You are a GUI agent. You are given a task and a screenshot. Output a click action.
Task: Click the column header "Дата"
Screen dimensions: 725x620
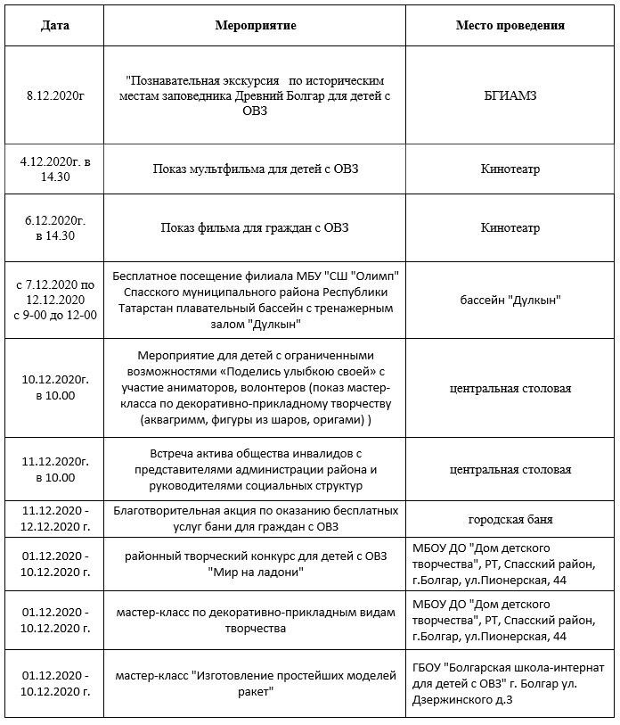click(54, 25)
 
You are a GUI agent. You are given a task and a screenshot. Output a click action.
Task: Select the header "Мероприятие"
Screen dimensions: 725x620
click(256, 25)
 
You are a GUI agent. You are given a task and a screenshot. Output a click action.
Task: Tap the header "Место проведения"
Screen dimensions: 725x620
click(510, 25)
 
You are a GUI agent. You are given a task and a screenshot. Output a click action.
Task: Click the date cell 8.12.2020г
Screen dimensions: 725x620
click(54, 93)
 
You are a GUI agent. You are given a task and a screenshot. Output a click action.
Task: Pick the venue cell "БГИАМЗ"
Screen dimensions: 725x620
click(510, 93)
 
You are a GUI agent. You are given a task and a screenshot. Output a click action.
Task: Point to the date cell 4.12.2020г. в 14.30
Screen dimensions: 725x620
click(54, 169)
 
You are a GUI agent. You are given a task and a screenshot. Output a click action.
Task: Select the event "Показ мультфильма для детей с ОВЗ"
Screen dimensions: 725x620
click(256, 169)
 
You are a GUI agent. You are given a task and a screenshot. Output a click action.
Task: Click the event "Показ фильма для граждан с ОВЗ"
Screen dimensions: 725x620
click(256, 227)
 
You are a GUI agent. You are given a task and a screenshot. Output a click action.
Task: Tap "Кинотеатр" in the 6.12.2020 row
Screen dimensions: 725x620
click(510, 227)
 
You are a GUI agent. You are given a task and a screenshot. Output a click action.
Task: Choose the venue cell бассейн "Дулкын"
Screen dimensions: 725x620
click(510, 300)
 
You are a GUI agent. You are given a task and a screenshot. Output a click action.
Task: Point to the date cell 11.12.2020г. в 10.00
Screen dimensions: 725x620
click(54, 469)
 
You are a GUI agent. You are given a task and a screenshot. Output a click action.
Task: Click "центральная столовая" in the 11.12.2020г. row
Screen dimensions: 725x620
click(510, 469)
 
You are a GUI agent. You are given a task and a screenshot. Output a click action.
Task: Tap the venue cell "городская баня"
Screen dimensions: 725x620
click(510, 519)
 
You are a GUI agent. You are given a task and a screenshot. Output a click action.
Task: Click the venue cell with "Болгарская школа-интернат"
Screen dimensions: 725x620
click(510, 683)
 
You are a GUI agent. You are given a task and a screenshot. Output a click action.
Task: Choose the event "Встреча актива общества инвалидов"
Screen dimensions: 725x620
click(256, 453)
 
